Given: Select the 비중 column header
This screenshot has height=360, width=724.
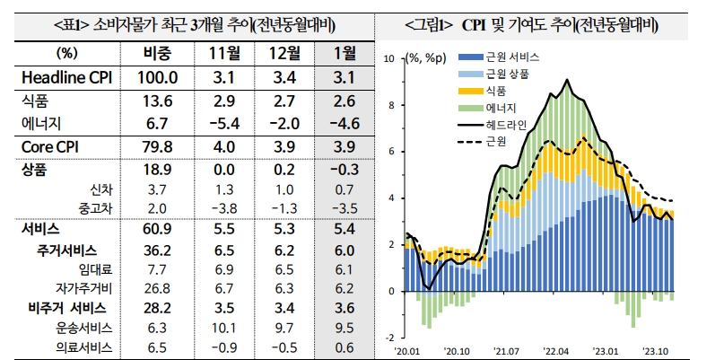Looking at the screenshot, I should pyautogui.click(x=164, y=53).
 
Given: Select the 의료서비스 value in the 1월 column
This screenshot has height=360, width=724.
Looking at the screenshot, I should pyautogui.click(x=344, y=347).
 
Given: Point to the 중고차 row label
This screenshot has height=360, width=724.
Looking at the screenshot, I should pyautogui.click(x=94, y=208).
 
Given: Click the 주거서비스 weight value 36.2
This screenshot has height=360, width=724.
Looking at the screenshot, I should pyautogui.click(x=164, y=250).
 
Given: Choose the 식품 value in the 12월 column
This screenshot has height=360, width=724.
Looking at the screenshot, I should pyautogui.click(x=284, y=101).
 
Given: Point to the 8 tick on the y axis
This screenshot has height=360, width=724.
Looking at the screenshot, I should pyautogui.click(x=390, y=105).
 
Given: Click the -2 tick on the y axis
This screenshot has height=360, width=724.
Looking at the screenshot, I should pyautogui.click(x=389, y=338).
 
